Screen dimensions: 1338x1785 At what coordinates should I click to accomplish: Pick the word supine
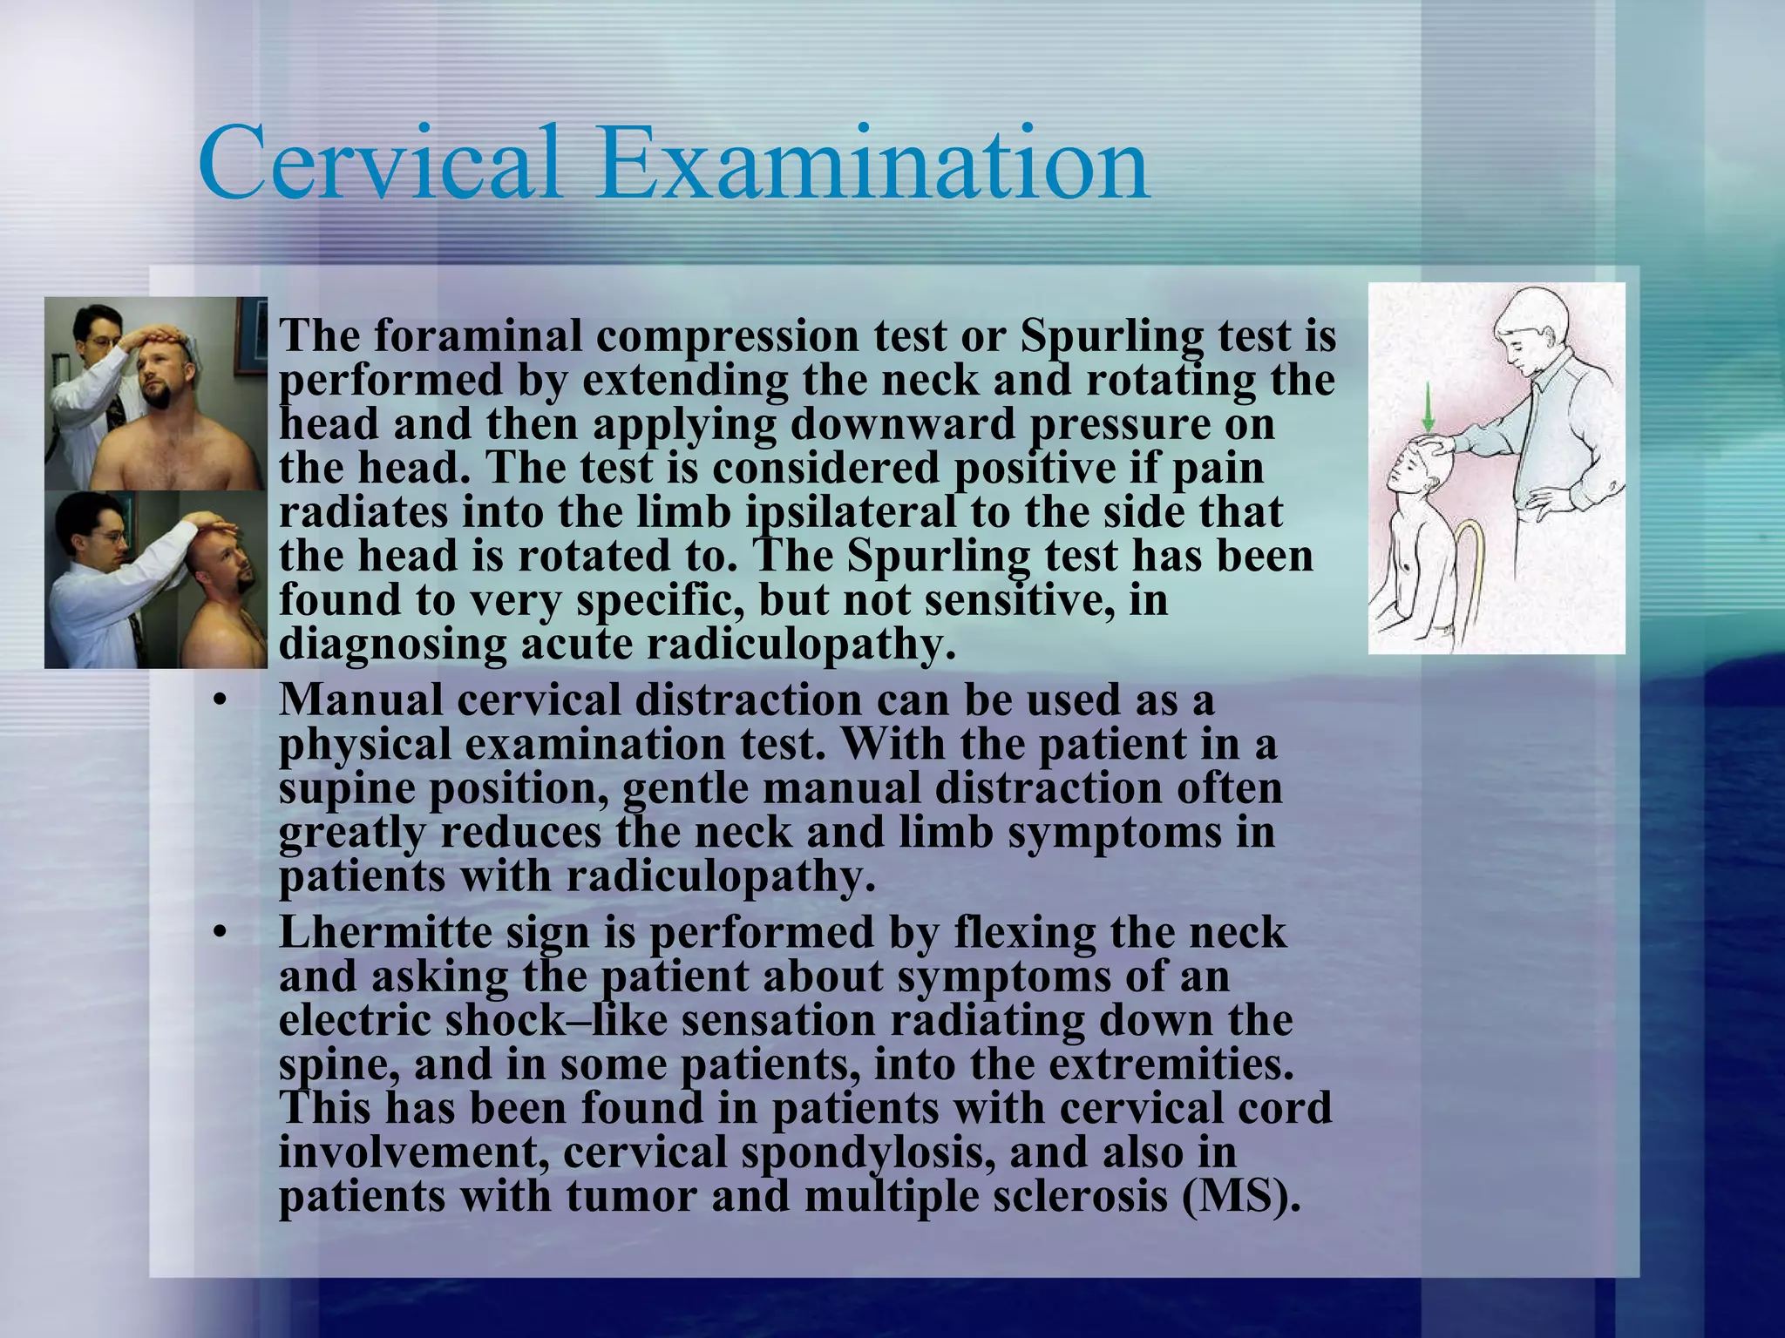pyautogui.click(x=347, y=789)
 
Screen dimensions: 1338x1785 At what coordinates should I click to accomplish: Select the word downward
pyautogui.click(x=903, y=424)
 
